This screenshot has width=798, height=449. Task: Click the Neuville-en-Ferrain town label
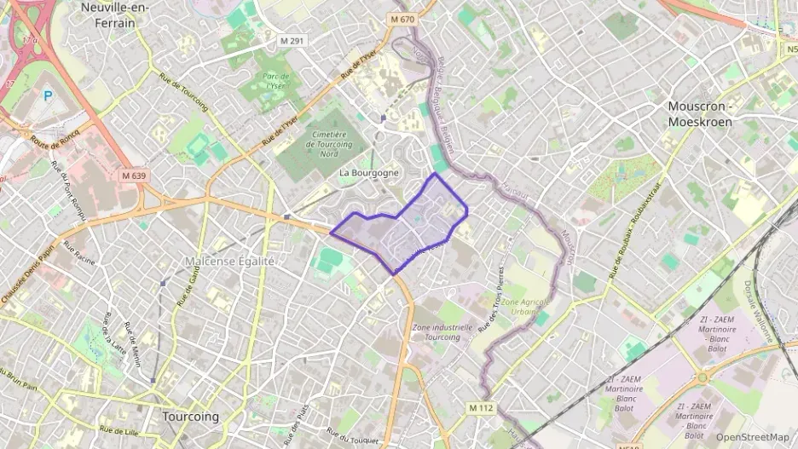coord(120,14)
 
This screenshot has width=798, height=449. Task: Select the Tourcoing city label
coord(190,417)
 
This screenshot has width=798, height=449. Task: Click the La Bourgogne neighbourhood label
coord(368,173)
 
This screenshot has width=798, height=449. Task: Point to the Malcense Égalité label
coord(230,261)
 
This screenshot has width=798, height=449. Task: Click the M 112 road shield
coord(481,408)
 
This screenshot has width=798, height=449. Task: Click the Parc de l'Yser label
coord(275,81)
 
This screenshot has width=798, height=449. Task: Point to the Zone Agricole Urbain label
coord(525,307)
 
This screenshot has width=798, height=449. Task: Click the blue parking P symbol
coord(48,96)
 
